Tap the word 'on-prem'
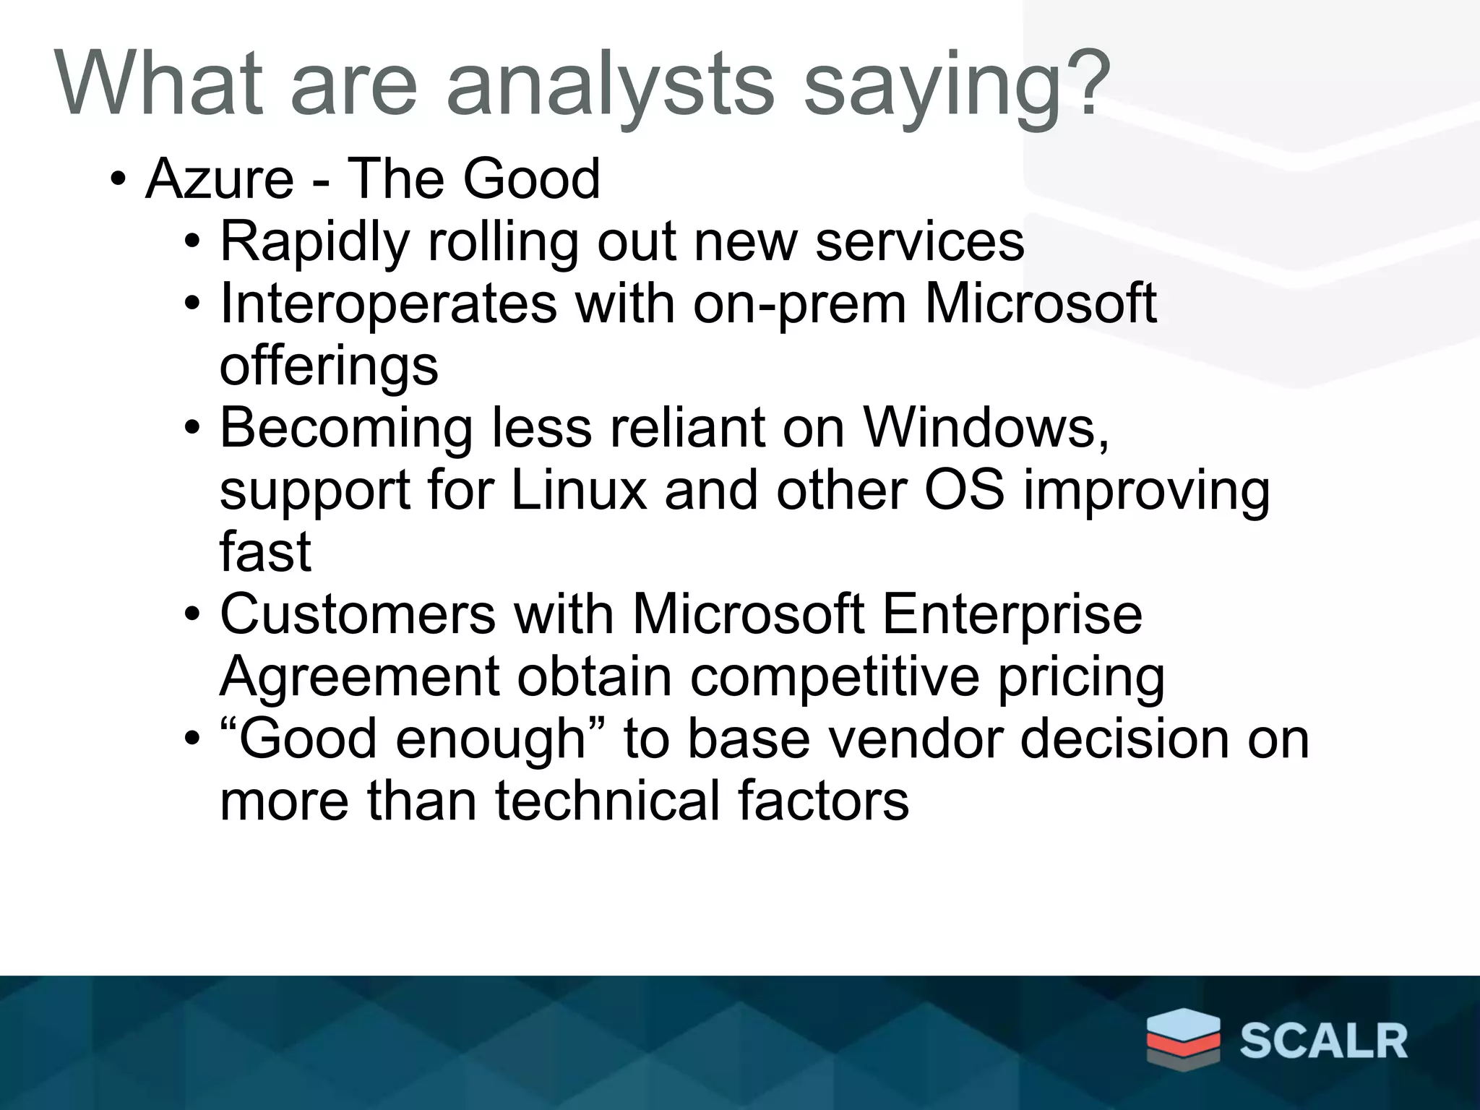pyautogui.click(x=799, y=305)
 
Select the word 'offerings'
pyautogui.click(x=329, y=367)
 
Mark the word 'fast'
pyautogui.click(x=265, y=552)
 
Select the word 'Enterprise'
pyautogui.click(x=1012, y=616)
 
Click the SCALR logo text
pyautogui.click(x=1324, y=1041)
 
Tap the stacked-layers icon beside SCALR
pyautogui.click(x=1183, y=1038)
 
